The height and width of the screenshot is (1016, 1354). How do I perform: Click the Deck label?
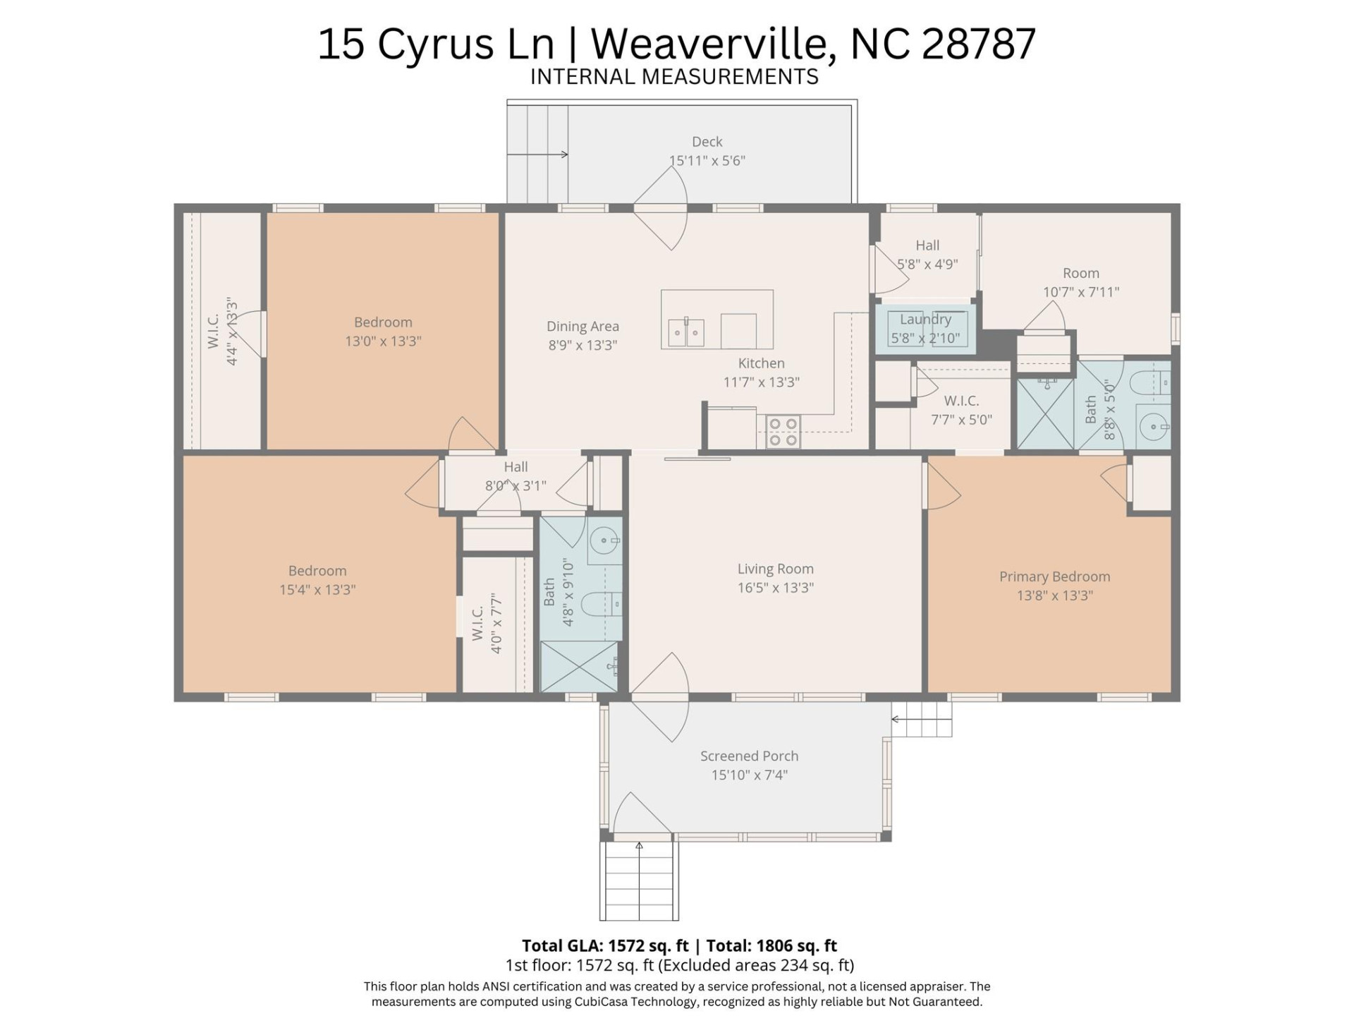point(707,142)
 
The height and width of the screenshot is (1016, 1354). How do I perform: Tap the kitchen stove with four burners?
point(783,432)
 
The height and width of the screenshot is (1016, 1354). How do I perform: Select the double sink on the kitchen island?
point(685,332)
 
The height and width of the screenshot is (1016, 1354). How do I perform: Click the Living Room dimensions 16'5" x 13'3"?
point(775,588)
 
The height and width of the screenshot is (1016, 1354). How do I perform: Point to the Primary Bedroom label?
point(1054,576)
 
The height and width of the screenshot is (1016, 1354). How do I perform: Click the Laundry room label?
point(925,320)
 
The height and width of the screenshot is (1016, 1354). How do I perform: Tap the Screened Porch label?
point(749,756)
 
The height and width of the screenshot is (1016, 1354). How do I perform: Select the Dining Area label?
point(583,327)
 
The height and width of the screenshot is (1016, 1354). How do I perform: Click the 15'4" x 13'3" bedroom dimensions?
point(317,590)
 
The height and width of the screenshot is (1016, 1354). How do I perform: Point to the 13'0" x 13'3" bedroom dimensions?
point(383,341)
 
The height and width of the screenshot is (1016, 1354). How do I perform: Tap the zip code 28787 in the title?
point(978,44)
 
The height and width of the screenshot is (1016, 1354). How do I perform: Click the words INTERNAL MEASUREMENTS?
point(673,77)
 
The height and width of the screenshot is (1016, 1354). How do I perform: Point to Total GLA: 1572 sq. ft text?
point(604,945)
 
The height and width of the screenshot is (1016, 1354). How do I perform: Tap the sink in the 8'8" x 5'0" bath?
point(1154,427)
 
